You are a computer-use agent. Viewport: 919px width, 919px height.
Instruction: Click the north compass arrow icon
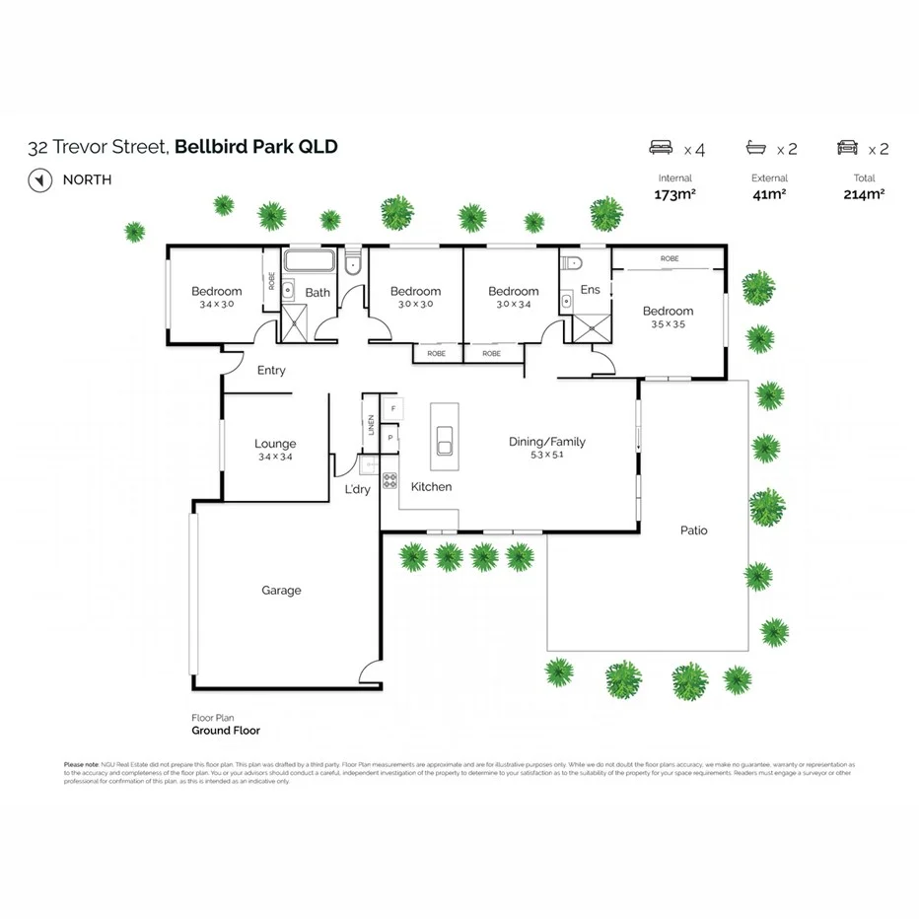[39, 180]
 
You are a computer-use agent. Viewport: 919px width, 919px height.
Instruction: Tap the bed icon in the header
[662, 149]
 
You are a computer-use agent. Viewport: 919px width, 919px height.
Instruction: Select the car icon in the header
[847, 149]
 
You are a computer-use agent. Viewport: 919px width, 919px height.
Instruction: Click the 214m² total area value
[865, 194]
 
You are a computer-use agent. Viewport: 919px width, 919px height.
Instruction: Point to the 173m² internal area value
[674, 194]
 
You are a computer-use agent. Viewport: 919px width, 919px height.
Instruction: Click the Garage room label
[281, 591]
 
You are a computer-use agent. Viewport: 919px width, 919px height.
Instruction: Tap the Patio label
[693, 530]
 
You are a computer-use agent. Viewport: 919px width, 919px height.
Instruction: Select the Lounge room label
[275, 444]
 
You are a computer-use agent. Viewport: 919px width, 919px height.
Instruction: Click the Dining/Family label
[546, 442]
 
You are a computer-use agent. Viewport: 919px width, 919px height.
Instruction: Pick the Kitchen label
[431, 487]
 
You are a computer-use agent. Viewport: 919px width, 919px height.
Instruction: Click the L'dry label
[357, 489]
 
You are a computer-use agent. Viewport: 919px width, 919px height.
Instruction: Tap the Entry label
[271, 371]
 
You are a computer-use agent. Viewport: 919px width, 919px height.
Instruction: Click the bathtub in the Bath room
[311, 263]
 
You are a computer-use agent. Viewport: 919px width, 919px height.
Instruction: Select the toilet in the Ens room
[572, 263]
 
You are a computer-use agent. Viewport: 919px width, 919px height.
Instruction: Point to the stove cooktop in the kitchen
[389, 481]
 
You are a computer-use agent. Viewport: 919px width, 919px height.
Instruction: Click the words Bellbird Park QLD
[256, 148]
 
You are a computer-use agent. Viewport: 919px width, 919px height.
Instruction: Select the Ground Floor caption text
[226, 731]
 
